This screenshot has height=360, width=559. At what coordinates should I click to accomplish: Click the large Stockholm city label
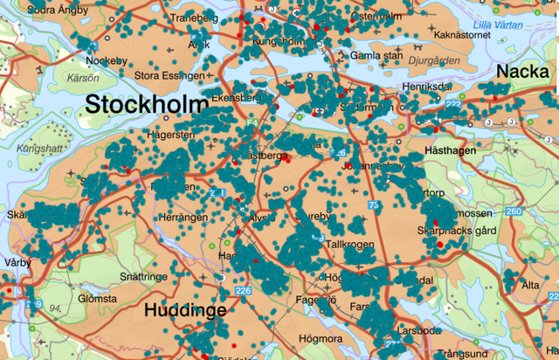click(x=143, y=105)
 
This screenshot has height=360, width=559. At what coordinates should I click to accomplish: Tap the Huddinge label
click(x=184, y=310)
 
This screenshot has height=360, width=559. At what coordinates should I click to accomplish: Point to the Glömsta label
click(x=97, y=298)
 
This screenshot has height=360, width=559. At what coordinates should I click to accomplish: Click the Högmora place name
click(x=318, y=336)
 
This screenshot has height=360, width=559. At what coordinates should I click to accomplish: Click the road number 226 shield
click(x=243, y=291)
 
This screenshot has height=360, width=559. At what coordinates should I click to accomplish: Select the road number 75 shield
click(x=375, y=204)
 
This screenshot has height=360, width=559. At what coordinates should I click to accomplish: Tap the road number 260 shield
click(x=514, y=211)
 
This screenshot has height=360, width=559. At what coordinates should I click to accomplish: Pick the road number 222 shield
click(x=452, y=105)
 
